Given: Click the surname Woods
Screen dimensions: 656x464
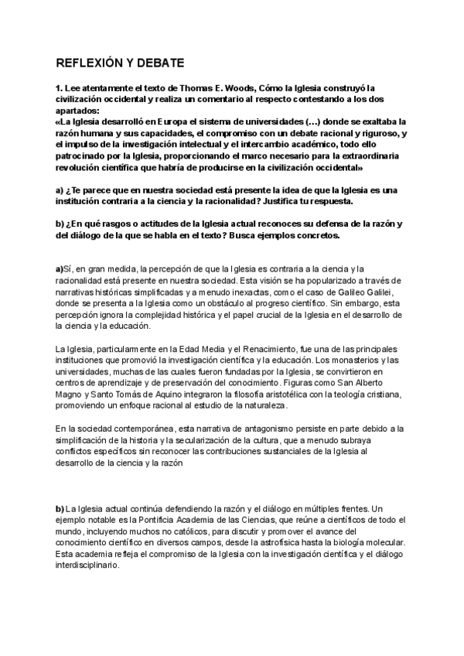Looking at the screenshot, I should point(258,88).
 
